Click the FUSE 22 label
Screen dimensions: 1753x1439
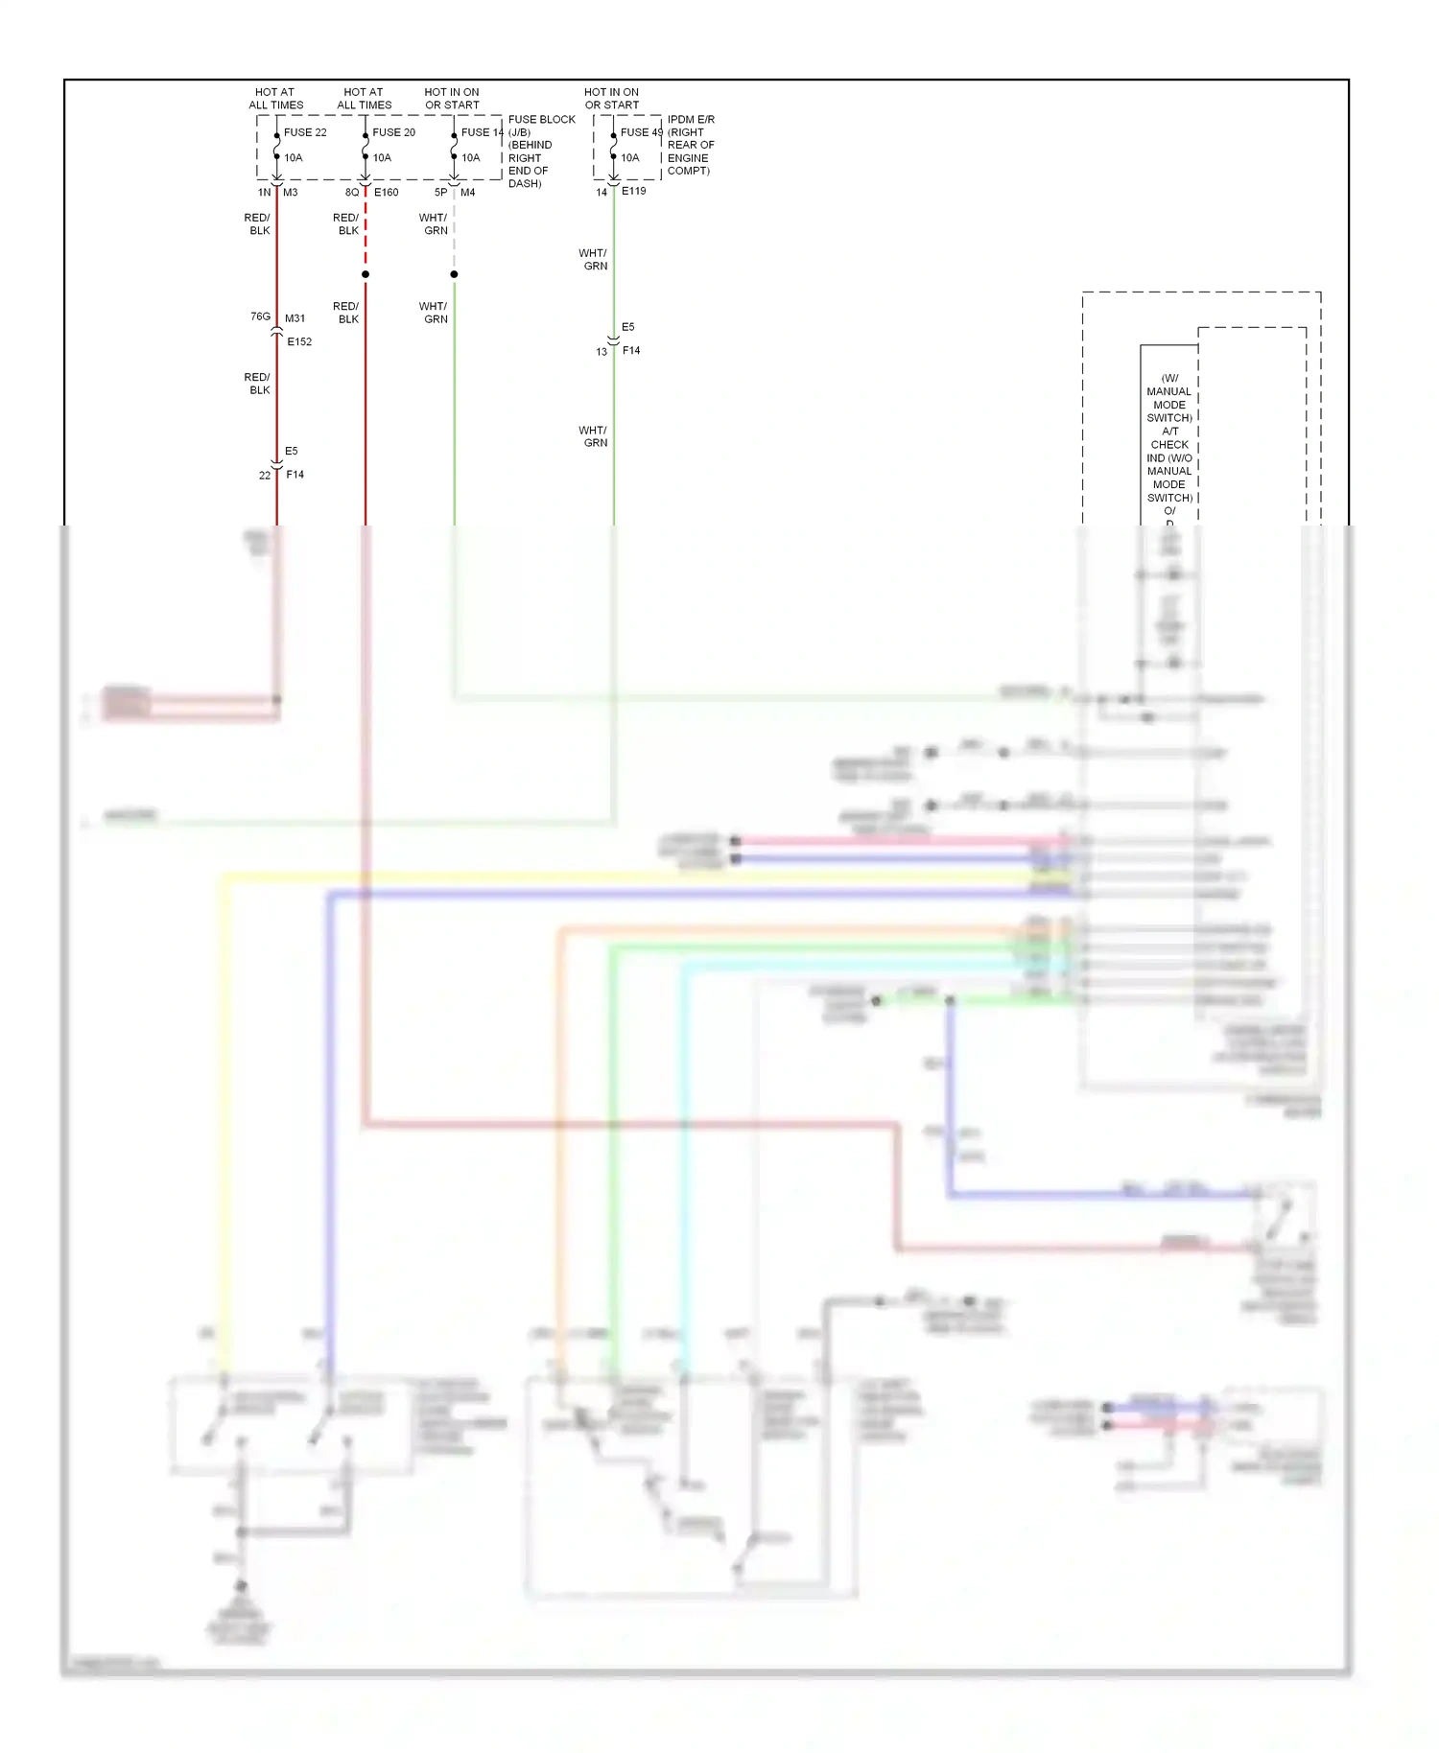click(x=304, y=132)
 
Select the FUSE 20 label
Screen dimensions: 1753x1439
click(x=393, y=132)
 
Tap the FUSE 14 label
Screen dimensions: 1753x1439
click(x=482, y=132)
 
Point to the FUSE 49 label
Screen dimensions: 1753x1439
click(x=641, y=132)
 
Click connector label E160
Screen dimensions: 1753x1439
click(x=386, y=193)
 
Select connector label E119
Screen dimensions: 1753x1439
click(x=633, y=191)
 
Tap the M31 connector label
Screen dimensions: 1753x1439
click(x=295, y=318)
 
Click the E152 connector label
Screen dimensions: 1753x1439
click(x=299, y=341)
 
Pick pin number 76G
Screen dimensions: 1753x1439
click(x=260, y=316)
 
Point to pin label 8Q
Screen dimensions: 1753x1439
click(x=352, y=193)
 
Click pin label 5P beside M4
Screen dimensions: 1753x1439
click(x=440, y=193)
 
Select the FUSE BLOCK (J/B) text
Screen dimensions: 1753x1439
click(x=541, y=126)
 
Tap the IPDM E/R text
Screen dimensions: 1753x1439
click(x=691, y=120)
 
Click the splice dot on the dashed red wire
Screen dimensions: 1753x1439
click(x=366, y=274)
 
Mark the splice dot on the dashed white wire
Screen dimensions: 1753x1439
click(x=454, y=274)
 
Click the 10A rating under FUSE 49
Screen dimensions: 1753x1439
click(x=629, y=157)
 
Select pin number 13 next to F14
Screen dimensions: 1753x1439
click(x=602, y=352)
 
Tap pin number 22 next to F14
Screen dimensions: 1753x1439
click(x=265, y=476)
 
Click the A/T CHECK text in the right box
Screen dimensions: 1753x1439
click(x=1169, y=438)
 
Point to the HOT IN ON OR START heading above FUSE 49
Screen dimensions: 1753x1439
click(x=611, y=99)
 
